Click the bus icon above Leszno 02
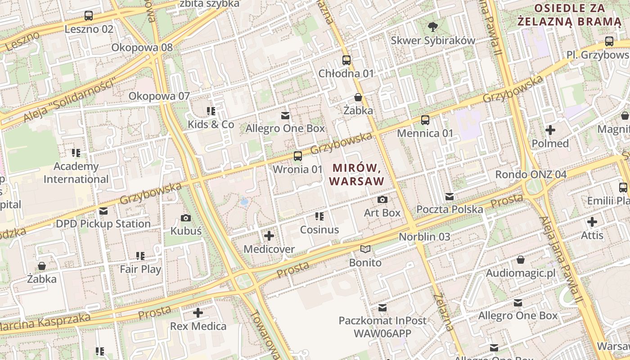click(89, 16)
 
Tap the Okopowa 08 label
click(142, 47)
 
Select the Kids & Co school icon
click(211, 111)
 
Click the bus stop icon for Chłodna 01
click(346, 60)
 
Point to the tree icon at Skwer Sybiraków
click(432, 27)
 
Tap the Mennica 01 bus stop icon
click(425, 120)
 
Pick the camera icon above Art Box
click(382, 199)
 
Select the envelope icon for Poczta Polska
click(449, 196)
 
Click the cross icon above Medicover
click(269, 236)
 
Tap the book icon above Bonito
click(365, 249)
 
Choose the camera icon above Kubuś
click(185, 218)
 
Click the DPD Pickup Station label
click(103, 224)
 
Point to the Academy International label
click(76, 173)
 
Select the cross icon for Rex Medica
click(198, 313)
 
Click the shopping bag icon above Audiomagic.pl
click(521, 260)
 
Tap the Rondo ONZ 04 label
click(531, 174)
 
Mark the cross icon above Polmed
click(550, 130)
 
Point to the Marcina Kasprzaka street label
click(43, 322)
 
